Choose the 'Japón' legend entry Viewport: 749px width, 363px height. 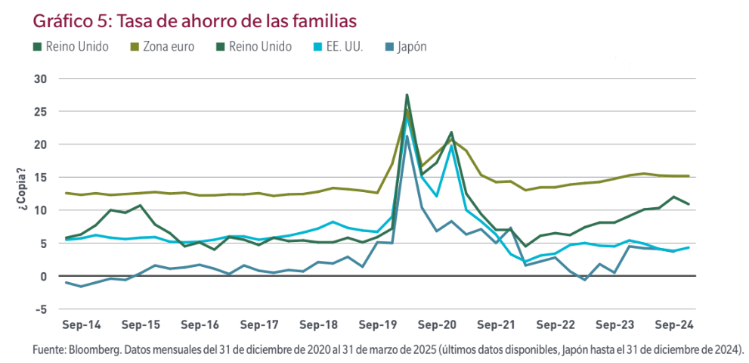(412, 47)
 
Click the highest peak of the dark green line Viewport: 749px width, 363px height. (407, 95)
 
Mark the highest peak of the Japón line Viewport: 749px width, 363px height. (407, 135)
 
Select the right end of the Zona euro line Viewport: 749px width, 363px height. (688, 176)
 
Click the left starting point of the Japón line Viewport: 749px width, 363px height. (67, 282)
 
